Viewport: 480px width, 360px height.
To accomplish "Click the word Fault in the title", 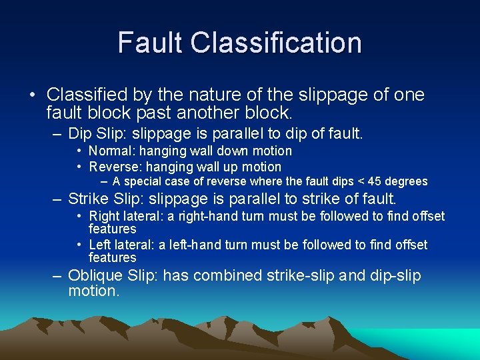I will (x=150, y=43).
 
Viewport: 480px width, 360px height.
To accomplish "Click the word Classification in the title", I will (x=275, y=43).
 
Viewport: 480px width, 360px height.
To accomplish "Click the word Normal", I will (x=111, y=151).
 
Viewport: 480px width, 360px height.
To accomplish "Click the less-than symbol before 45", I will (x=361, y=181).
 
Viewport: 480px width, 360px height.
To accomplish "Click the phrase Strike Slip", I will (x=105, y=199).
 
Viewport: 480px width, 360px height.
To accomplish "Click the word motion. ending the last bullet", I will (x=94, y=291).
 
